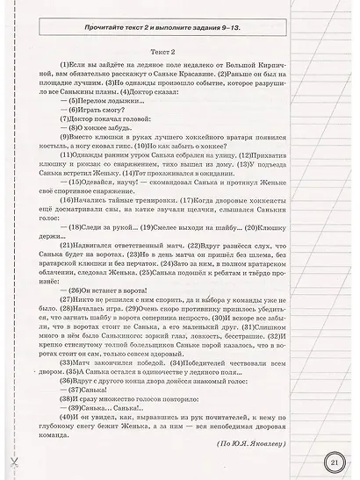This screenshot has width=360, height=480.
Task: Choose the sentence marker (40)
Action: tap(65, 441)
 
